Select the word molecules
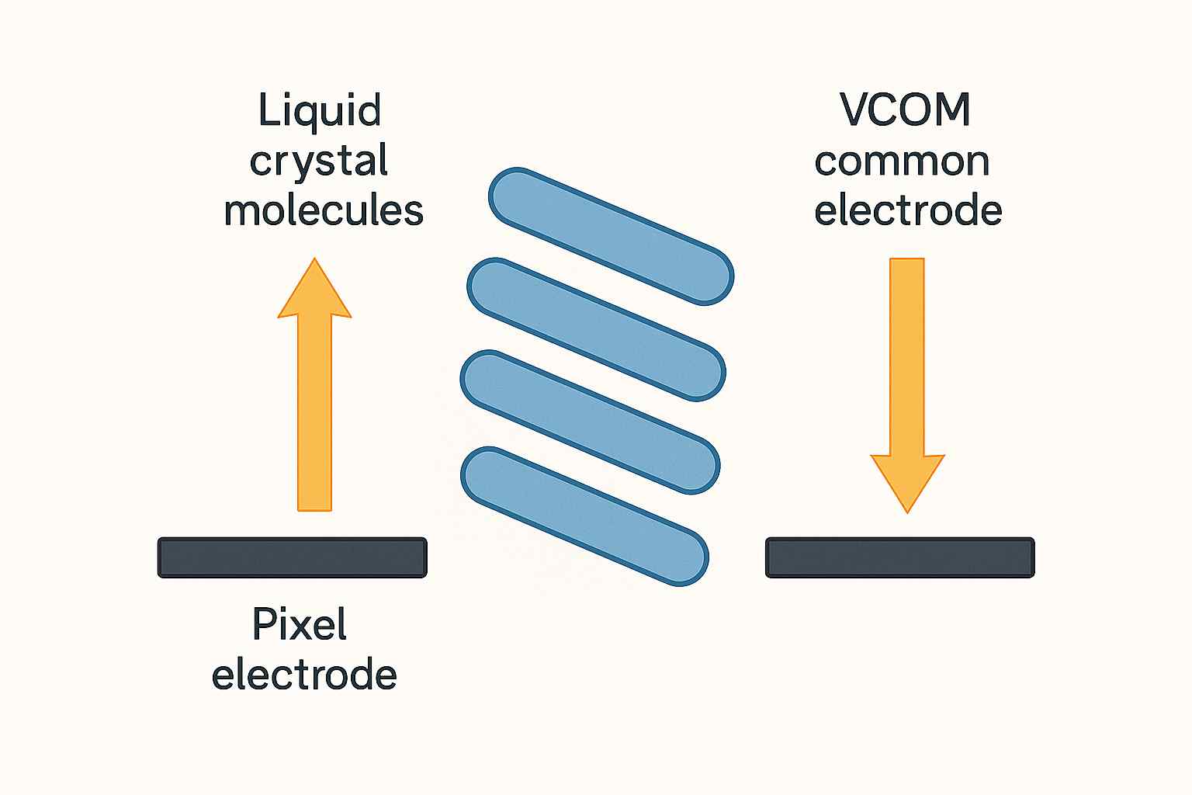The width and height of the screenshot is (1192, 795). [323, 210]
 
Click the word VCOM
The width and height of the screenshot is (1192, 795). [905, 111]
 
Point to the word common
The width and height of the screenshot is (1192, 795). [902, 161]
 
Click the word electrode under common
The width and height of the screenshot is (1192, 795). [908, 210]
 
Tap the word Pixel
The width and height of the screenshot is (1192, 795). [300, 624]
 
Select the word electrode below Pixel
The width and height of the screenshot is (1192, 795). [304, 674]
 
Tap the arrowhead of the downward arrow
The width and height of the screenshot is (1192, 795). [906, 481]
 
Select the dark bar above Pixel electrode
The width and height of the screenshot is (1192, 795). [293, 557]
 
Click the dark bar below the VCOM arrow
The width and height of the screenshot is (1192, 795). [900, 557]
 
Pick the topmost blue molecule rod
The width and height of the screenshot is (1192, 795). [611, 235]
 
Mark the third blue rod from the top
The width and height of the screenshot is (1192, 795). [590, 422]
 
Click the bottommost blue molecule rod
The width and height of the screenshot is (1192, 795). [584, 516]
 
